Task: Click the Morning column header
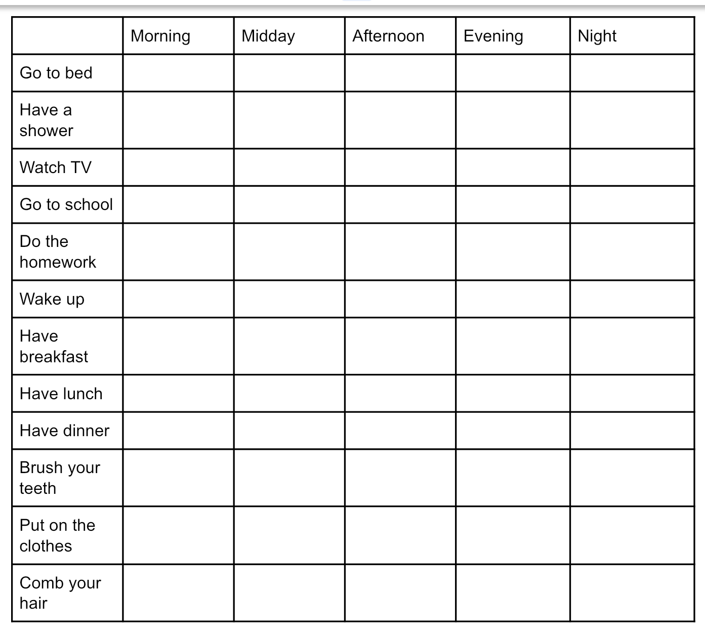pyautogui.click(x=160, y=36)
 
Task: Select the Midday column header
pyautogui.click(x=268, y=36)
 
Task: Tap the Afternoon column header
pyautogui.click(x=388, y=36)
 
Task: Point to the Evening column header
pyautogui.click(x=493, y=36)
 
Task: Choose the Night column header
pyautogui.click(x=597, y=36)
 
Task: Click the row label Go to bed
pyautogui.click(x=56, y=73)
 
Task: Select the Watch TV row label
pyautogui.click(x=56, y=167)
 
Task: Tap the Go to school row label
pyautogui.click(x=66, y=204)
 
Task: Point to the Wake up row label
pyautogui.click(x=52, y=299)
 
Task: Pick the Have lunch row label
pyautogui.click(x=61, y=394)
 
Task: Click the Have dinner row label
pyautogui.click(x=65, y=431)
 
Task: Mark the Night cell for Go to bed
pyautogui.click(x=632, y=73)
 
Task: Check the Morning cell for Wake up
pyautogui.click(x=178, y=299)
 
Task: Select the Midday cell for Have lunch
pyautogui.click(x=289, y=394)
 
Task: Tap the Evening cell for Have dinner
pyautogui.click(x=513, y=431)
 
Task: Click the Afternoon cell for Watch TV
pyautogui.click(x=400, y=167)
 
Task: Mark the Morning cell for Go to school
pyautogui.click(x=178, y=204)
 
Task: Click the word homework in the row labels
pyautogui.click(x=58, y=262)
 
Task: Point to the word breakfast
pyautogui.click(x=54, y=357)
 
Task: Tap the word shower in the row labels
pyautogui.click(x=47, y=131)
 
